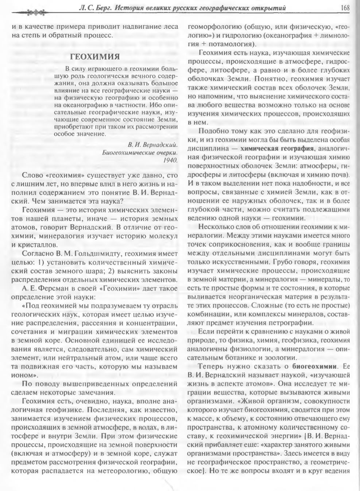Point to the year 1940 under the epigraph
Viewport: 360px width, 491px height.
point(171,160)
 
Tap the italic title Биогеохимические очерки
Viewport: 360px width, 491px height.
point(140,152)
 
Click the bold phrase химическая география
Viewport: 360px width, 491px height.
point(277,149)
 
